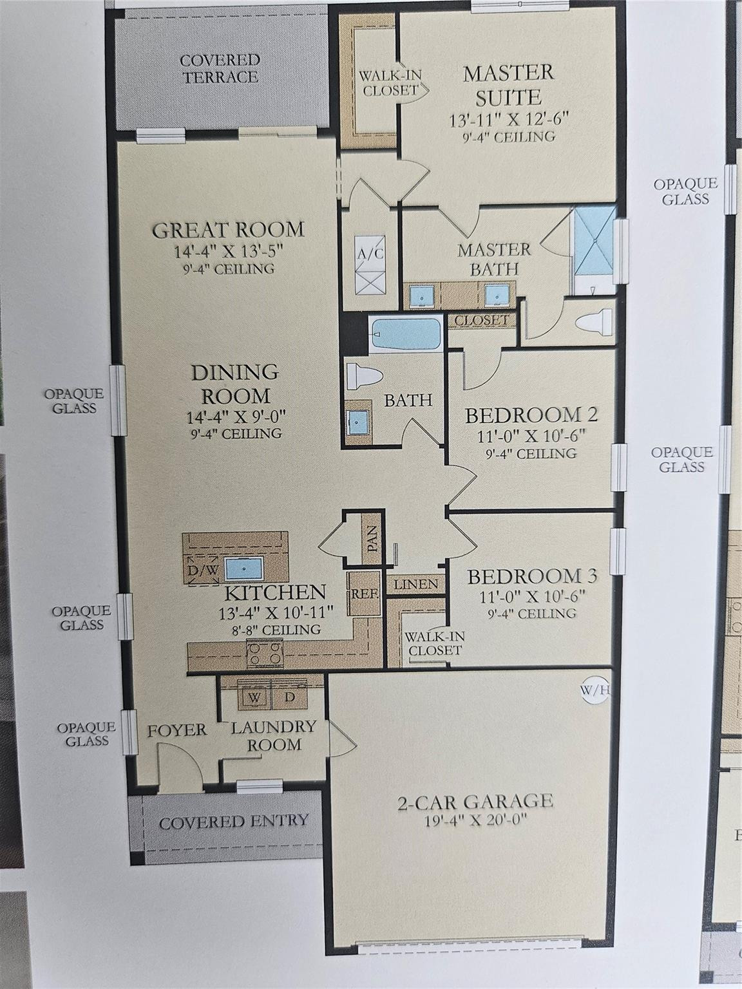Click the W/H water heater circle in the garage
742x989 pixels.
[595, 691]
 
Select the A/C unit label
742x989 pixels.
[370, 253]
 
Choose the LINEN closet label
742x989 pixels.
[415, 585]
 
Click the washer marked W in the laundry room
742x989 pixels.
[254, 697]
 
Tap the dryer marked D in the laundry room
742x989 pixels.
[290, 697]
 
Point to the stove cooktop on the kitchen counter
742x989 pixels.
[265, 654]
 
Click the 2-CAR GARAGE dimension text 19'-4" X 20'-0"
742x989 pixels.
[475, 822]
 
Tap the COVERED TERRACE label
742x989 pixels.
[220, 68]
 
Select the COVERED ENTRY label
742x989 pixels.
[233, 822]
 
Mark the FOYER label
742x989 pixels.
[177, 730]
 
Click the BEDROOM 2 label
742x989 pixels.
[531, 414]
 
